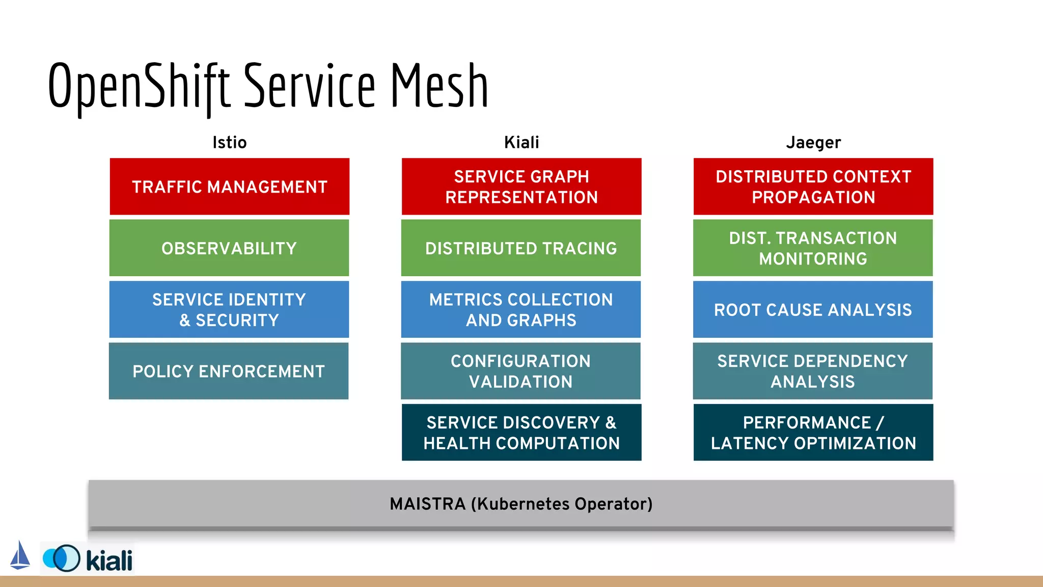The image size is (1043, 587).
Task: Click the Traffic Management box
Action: pyautogui.click(x=229, y=186)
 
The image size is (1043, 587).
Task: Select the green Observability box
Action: pyautogui.click(x=229, y=248)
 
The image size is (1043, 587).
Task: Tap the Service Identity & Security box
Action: pyautogui.click(x=229, y=309)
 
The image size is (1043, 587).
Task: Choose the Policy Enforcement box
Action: pyautogui.click(x=229, y=371)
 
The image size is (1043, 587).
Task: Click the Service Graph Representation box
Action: pyautogui.click(x=521, y=186)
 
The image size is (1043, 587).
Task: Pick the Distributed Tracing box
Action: pyautogui.click(x=521, y=248)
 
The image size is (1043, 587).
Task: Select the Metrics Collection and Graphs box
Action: pyautogui.click(x=521, y=309)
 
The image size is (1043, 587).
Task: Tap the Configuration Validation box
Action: pyautogui.click(x=520, y=371)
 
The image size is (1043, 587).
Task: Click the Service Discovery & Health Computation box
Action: pyautogui.click(x=521, y=432)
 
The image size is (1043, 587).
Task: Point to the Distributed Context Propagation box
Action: pyautogui.click(x=813, y=186)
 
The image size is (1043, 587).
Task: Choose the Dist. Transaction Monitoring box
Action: pyautogui.click(x=813, y=248)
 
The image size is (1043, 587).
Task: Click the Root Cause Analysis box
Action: pyautogui.click(x=813, y=309)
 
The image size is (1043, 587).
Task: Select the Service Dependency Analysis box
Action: pyautogui.click(x=812, y=371)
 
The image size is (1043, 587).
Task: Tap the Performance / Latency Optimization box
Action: pyautogui.click(x=813, y=432)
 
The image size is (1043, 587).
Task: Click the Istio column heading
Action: pyautogui.click(x=229, y=142)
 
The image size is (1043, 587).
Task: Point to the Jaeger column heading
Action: pyautogui.click(x=813, y=143)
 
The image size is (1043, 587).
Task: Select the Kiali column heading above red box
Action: pyautogui.click(x=521, y=142)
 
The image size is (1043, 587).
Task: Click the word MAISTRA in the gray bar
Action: pyautogui.click(x=427, y=504)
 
